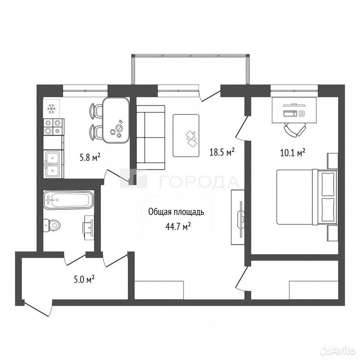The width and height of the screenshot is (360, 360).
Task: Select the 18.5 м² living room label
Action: click(222, 152)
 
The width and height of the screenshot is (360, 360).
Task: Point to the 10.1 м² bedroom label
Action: click(292, 153)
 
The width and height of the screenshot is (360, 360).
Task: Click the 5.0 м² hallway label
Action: click(84, 280)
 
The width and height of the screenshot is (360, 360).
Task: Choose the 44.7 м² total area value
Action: click(178, 227)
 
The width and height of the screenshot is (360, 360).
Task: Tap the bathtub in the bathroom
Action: click(68, 200)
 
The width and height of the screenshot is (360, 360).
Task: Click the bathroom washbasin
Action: click(88, 228)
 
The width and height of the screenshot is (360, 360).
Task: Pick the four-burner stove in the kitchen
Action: click(54, 127)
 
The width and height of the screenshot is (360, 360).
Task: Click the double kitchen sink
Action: click(53, 164)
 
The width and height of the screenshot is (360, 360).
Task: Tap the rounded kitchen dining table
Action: click(116, 120)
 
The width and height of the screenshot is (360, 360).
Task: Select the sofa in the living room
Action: click(151, 138)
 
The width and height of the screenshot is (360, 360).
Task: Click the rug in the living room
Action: click(186, 135)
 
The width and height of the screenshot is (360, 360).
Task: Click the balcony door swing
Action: click(209, 96)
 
